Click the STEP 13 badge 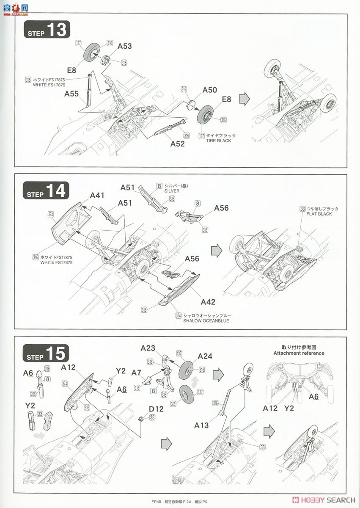click(46, 30)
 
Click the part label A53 click(124, 47)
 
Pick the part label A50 click(209, 90)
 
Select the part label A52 click(178, 144)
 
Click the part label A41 click(97, 196)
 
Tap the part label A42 click(208, 302)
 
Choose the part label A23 click(148, 348)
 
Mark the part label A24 click(205, 356)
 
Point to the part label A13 click(201, 425)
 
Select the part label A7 click(136, 373)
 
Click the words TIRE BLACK click(218, 141)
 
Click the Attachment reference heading click(299, 353)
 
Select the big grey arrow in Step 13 click(245, 99)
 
